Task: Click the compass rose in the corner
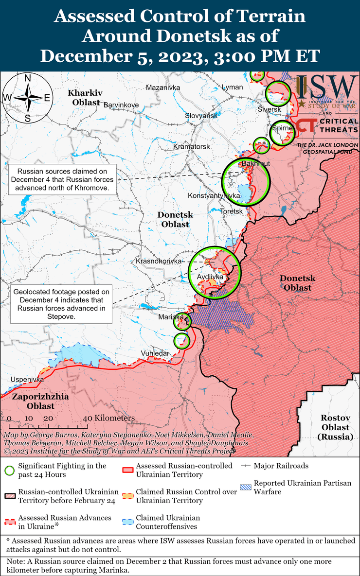click(x=27, y=98)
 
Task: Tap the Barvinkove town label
click(x=121, y=105)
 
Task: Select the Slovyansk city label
click(x=201, y=116)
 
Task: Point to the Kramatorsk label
click(x=192, y=146)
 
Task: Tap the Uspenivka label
click(x=27, y=379)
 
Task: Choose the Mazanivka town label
click(x=163, y=87)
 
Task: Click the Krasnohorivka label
click(x=159, y=261)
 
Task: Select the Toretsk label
click(x=231, y=211)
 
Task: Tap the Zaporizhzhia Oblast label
click(x=34, y=401)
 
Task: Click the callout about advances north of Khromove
click(x=62, y=179)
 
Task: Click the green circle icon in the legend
click(x=9, y=471)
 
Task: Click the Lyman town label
click(x=232, y=87)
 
